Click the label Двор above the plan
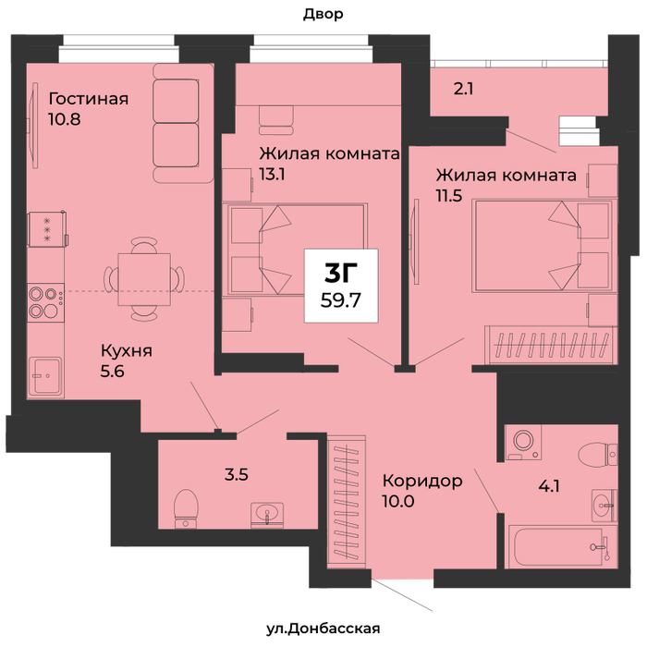click(323, 15)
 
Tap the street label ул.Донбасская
click(323, 629)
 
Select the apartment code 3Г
click(341, 273)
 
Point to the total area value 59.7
click(341, 300)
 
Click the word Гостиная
click(89, 99)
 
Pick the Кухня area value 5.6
click(112, 372)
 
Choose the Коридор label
click(422, 482)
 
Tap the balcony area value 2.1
click(463, 89)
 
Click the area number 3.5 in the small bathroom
click(237, 474)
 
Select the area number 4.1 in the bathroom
click(549, 486)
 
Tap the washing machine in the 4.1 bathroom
click(523, 442)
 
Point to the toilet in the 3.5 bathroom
click(186, 508)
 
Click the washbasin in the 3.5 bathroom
click(267, 515)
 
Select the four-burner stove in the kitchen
click(46, 302)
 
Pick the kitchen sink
click(46, 376)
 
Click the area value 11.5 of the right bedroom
click(449, 196)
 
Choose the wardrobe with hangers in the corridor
click(347, 502)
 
